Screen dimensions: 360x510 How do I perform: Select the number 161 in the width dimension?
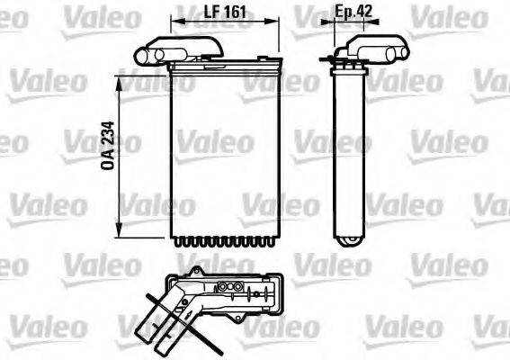tap(235, 13)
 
